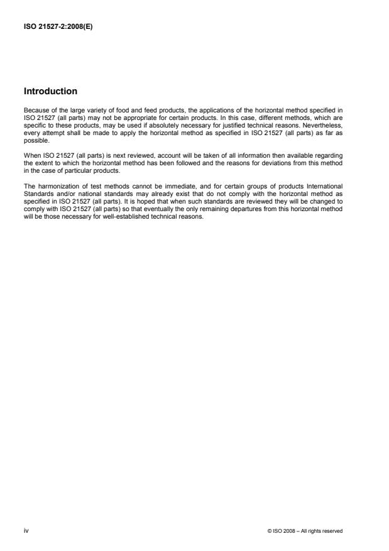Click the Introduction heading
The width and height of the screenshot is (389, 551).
(50, 91)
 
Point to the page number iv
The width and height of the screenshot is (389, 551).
(26, 530)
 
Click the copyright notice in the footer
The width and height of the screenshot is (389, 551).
(305, 531)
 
